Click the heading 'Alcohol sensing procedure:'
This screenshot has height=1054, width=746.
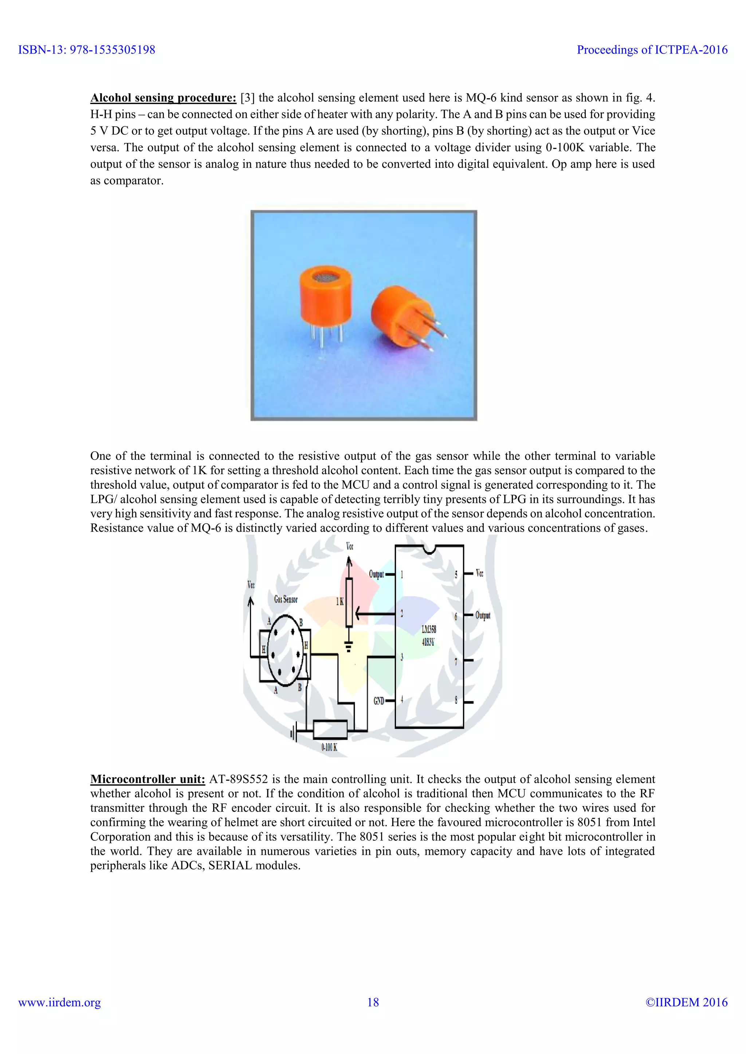(x=163, y=98)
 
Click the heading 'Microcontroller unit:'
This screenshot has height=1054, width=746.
(x=148, y=779)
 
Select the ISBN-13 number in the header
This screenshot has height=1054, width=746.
(x=86, y=49)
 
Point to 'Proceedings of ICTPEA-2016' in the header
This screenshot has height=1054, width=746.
(x=652, y=49)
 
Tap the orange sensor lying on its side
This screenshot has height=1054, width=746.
(x=400, y=317)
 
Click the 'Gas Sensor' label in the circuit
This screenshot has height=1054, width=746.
(x=286, y=599)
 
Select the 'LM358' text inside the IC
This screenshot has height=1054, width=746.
(x=429, y=629)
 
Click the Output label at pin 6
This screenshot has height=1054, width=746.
(x=482, y=615)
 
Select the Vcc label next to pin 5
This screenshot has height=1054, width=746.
(x=479, y=573)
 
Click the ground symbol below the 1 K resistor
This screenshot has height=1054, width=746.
(x=349, y=647)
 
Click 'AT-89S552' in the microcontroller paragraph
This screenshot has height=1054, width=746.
(x=239, y=779)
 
